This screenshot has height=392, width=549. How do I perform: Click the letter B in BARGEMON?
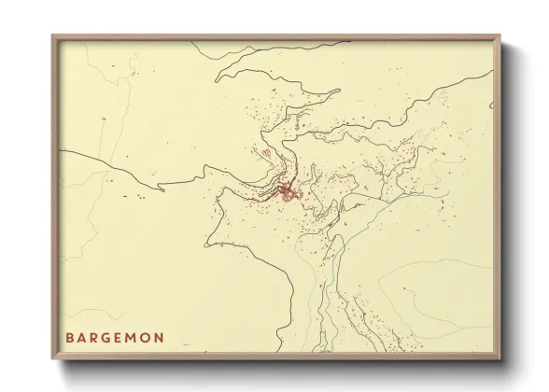(71, 337)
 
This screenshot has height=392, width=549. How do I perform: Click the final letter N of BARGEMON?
(162, 337)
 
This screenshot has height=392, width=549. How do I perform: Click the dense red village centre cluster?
(287, 194)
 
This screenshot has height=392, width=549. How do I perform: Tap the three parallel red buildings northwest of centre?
(267, 153)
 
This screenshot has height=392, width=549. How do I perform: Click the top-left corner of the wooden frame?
(52, 36)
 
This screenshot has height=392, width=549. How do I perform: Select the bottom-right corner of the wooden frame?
(500, 359)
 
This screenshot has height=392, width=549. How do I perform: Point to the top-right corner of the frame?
(500, 36)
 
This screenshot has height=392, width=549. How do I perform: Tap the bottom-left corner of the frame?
(52, 359)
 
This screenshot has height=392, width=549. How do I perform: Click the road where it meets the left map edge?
(61, 151)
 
